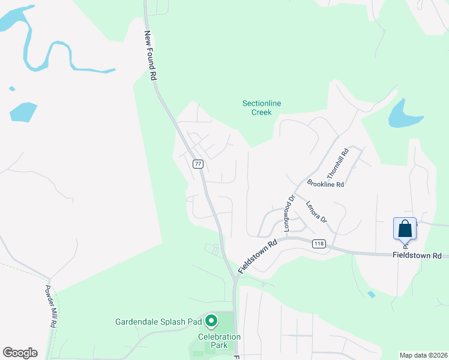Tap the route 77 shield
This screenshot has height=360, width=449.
coord(198,164)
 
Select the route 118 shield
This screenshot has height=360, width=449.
coord(319,244)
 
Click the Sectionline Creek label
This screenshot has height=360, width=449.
coord(262,107)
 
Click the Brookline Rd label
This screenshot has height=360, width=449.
coord(325,184)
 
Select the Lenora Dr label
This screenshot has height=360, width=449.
coord(316,212)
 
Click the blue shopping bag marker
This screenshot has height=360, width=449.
coord(405,229)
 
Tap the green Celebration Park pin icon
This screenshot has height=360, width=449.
coord(211,322)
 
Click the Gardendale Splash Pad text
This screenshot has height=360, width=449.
coord(158,322)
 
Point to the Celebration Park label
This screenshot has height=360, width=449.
coord(218,341)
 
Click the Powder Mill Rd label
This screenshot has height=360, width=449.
coord(50,305)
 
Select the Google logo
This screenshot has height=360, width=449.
coord(20,353)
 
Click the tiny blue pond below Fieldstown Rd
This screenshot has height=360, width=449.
coord(372,295)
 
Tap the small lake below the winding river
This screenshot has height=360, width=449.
coord(23,112)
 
